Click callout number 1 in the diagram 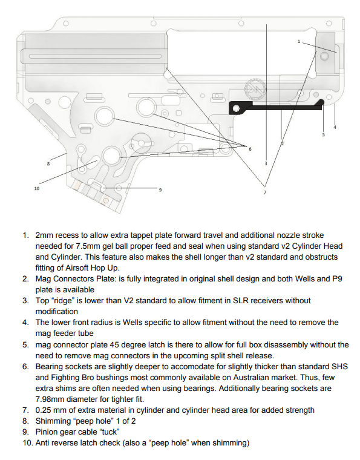click(x=299, y=41)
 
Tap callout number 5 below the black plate click(x=323, y=134)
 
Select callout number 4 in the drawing click(x=335, y=126)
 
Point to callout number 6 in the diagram click(x=250, y=148)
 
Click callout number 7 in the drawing click(x=264, y=192)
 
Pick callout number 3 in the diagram click(x=266, y=163)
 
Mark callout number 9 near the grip click(x=160, y=190)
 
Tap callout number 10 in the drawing click(x=36, y=188)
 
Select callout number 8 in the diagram click(x=48, y=163)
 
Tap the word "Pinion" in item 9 click(x=47, y=432)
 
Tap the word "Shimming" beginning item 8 click(x=55, y=421)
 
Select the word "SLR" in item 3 click(x=234, y=301)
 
